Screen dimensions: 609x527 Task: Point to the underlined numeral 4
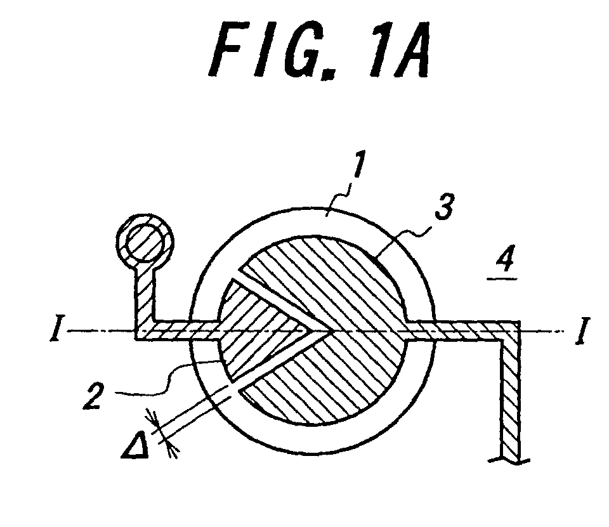[504, 259]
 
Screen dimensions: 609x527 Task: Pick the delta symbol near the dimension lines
[136, 445]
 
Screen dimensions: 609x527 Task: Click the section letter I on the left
[55, 330]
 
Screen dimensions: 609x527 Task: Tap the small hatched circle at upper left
[145, 242]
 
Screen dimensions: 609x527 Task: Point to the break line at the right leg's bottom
[509, 460]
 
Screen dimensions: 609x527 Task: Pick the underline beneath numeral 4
[502, 278]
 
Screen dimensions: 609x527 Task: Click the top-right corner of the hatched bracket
[520, 322]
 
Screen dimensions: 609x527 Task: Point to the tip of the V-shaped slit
[330, 331]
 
